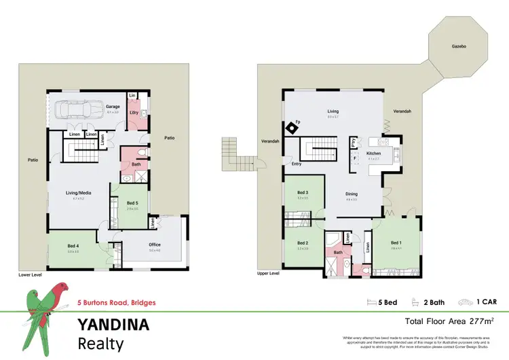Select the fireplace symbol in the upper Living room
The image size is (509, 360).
coord(292,126)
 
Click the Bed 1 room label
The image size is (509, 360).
coord(396,242)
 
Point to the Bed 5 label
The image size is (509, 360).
coord(132,203)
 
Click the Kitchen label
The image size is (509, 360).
coord(374,154)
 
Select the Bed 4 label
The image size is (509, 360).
coord(73,246)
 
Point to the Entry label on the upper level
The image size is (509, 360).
coord(297,164)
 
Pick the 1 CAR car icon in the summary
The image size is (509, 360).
coord(465,302)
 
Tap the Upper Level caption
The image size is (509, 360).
coord(269,273)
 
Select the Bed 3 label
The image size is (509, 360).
coord(303,193)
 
